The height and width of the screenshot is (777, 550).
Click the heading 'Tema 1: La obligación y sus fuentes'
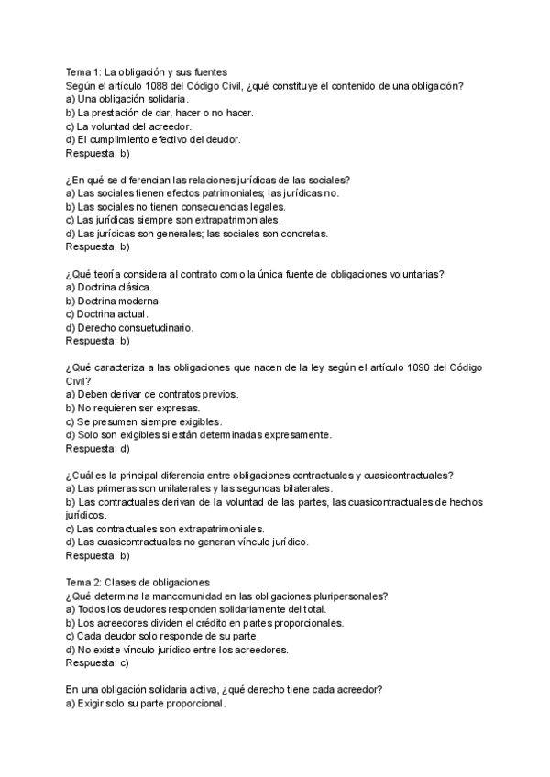click(147, 71)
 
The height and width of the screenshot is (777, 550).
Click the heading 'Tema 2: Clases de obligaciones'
click(137, 582)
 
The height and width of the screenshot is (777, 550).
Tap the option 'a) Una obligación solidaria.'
click(127, 99)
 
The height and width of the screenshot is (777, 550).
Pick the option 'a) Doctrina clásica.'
click(108, 287)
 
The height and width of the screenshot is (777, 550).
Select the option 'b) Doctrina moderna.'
click(114, 301)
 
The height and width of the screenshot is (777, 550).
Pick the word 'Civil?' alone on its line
click(79, 380)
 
